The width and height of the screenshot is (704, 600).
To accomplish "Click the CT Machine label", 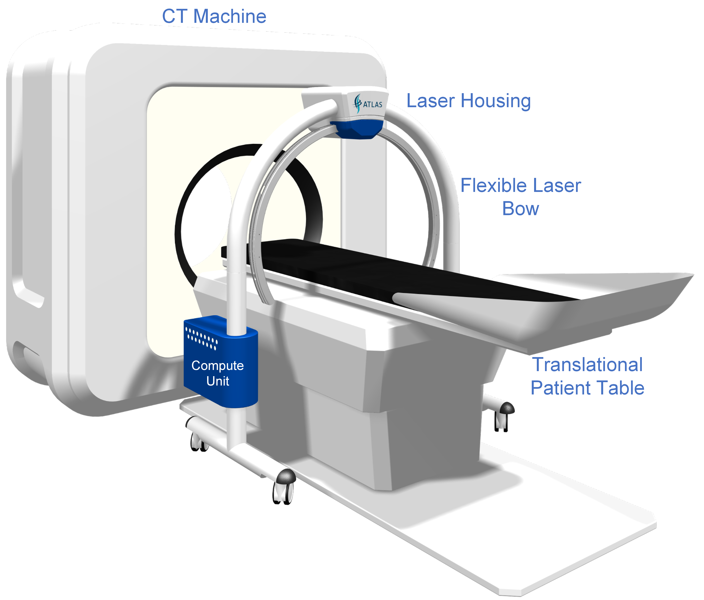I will (x=214, y=16).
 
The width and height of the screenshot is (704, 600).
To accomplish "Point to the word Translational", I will (x=587, y=364).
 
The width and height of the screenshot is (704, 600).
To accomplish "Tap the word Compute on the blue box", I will (x=217, y=366).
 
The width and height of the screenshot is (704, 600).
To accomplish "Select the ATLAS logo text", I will (x=373, y=104).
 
